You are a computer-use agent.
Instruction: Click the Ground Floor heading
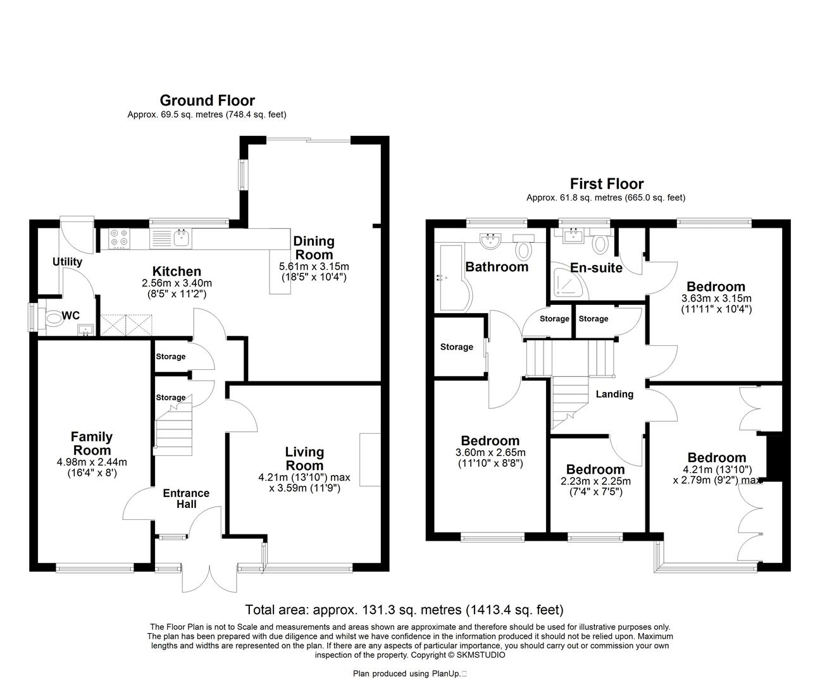tap(207, 101)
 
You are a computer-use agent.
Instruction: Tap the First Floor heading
tap(606, 184)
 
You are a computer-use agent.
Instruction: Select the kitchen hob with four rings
tap(119, 237)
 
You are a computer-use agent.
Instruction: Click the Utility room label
tap(67, 262)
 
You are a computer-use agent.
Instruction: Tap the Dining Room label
tap(314, 247)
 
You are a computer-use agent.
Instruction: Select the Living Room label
tap(304, 458)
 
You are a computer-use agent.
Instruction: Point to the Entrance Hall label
tap(186, 498)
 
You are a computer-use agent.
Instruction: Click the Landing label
tap(614, 394)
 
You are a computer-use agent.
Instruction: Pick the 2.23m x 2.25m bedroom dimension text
tap(595, 481)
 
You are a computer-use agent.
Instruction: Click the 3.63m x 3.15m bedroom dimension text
tap(716, 299)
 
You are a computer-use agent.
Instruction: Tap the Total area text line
tap(404, 610)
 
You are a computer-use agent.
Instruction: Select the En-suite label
tap(596, 268)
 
